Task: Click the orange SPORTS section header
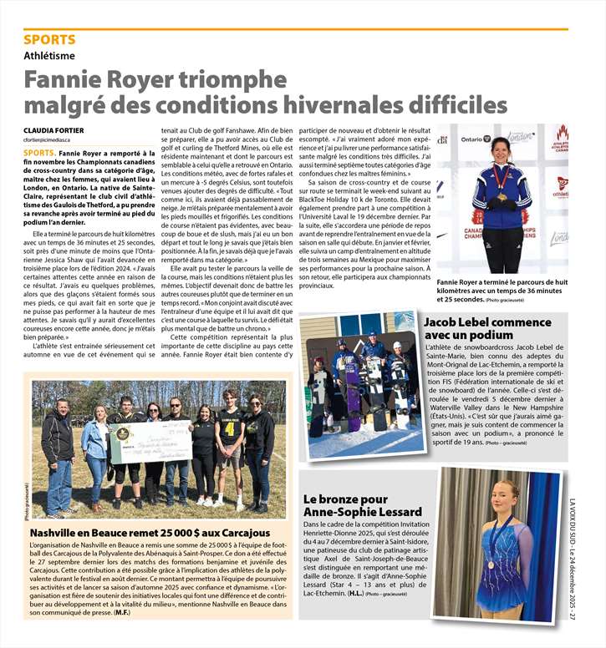pos(49,39)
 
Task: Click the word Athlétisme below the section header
pos(49,56)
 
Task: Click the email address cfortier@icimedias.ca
pos(54,141)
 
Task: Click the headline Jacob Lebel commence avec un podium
pos(487,328)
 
